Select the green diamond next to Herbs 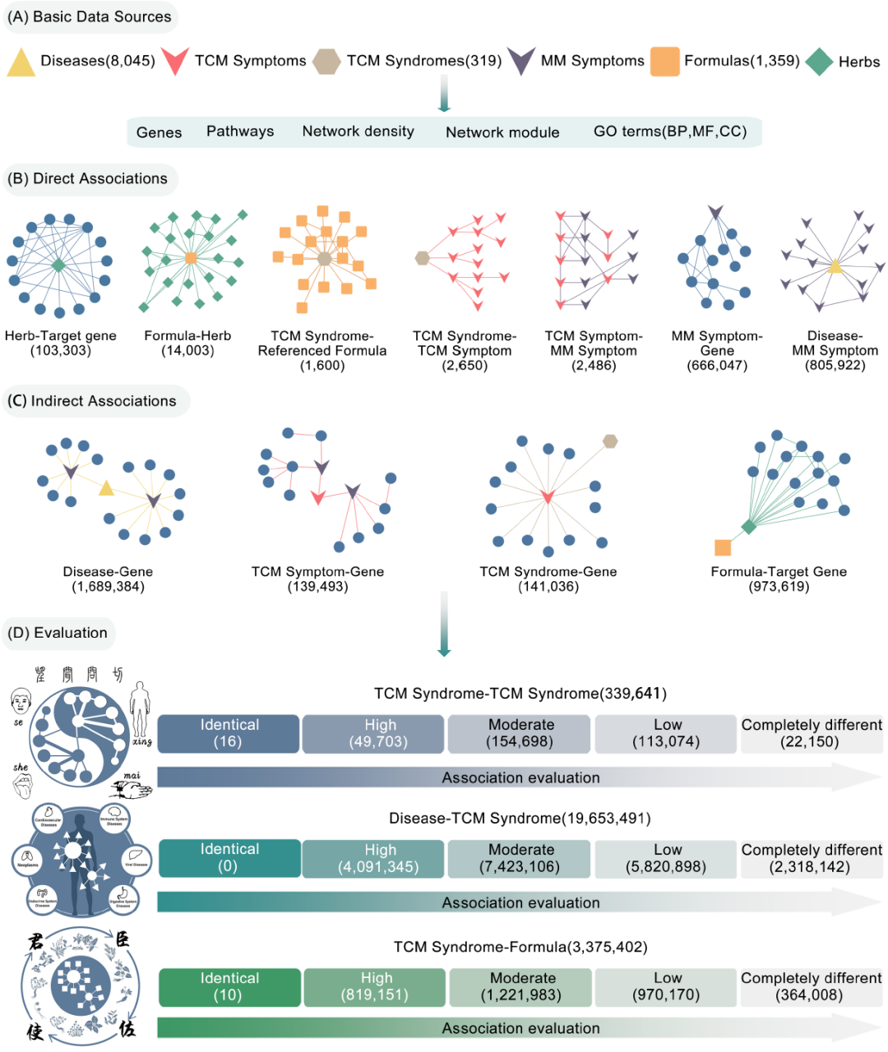tap(819, 62)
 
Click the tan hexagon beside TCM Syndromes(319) tap(327, 62)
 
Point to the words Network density tap(358, 131)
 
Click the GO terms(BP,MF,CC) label tap(670, 131)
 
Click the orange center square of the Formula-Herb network tap(191, 258)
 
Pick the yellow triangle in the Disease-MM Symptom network tap(835, 265)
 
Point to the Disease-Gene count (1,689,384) tap(108, 587)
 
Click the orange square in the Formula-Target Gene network tap(723, 547)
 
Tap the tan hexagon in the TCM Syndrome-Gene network tap(609, 441)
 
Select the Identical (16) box tap(229, 733)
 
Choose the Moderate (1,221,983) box tap(522, 986)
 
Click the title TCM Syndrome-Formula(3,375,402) tap(520, 947)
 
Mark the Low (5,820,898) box tap(667, 858)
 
